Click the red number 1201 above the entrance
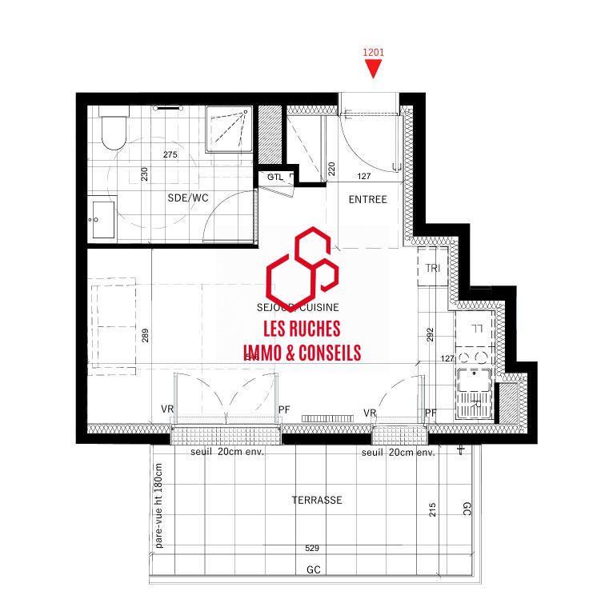[374, 53]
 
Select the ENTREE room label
[367, 199]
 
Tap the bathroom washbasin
[102, 218]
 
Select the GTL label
[275, 177]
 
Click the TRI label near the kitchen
[433, 267]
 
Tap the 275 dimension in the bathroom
[170, 154]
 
